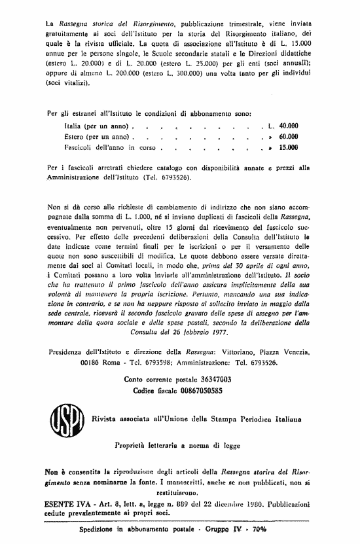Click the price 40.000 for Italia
point(288,124)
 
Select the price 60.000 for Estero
point(288,136)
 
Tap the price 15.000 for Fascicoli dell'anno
point(288,148)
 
